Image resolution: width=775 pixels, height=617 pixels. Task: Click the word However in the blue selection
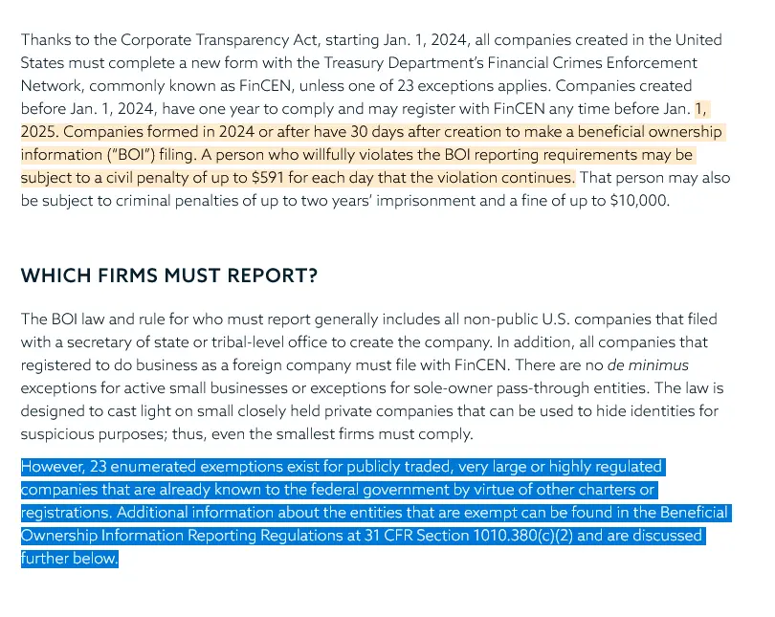[54, 467]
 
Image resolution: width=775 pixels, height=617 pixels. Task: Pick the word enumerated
[166, 467]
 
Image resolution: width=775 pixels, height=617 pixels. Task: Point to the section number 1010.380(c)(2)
[522, 536]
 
